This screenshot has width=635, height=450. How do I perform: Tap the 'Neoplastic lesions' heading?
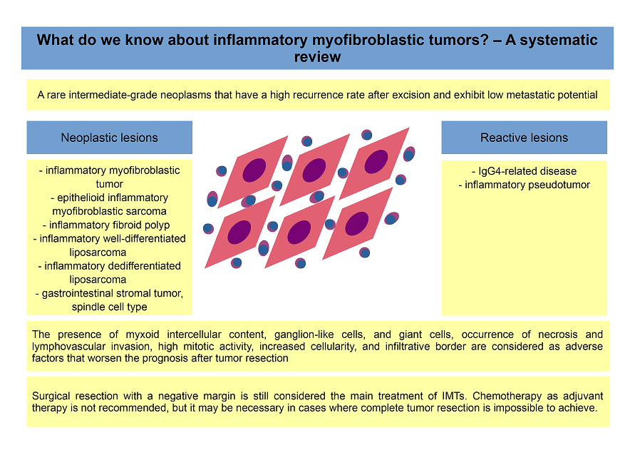coord(109,138)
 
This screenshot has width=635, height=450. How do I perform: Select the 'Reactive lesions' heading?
coord(524,138)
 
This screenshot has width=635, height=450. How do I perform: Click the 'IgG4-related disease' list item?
coord(524,171)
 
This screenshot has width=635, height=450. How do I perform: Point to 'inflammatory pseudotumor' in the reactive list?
coord(524,185)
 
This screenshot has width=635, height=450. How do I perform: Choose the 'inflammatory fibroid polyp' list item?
coord(106,225)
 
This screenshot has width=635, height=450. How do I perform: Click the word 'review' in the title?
coord(318,57)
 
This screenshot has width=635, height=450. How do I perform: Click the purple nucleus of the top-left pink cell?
coord(254,170)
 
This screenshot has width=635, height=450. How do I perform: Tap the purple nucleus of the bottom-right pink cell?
coord(357,223)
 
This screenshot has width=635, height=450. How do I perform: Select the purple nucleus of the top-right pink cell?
coord(376,161)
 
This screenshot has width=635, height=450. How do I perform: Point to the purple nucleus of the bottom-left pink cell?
coord(239,232)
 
